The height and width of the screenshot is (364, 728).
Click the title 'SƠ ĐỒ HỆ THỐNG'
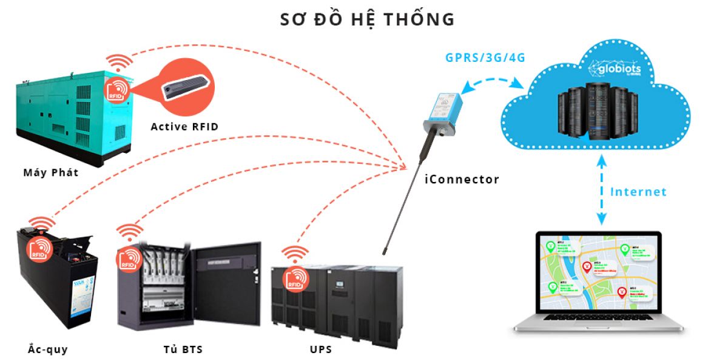click(x=367, y=19)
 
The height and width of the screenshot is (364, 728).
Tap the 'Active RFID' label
click(x=184, y=127)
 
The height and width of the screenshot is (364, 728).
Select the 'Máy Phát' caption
click(x=51, y=173)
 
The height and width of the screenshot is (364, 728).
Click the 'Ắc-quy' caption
click(x=48, y=349)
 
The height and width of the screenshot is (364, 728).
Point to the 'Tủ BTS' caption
click(x=183, y=349)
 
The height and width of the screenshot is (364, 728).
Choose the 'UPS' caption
click(x=320, y=349)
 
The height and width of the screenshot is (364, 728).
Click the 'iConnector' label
click(x=462, y=180)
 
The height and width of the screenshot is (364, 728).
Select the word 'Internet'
click(x=638, y=192)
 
